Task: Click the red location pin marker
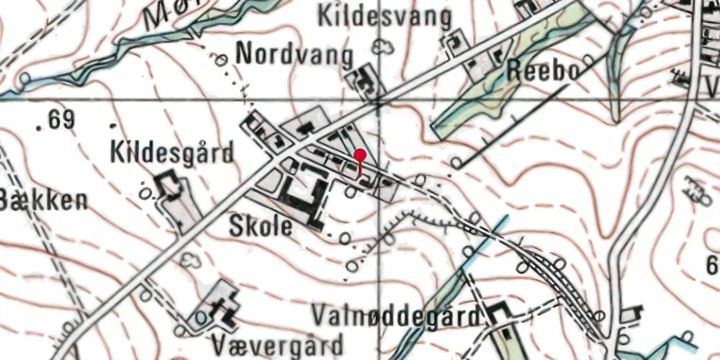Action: (x=361, y=156)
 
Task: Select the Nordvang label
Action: (x=295, y=55)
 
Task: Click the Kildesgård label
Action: (x=173, y=153)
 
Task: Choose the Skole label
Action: (x=261, y=227)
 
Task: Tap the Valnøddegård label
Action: (x=397, y=316)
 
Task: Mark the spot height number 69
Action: (x=62, y=120)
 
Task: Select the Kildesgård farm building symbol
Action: (x=170, y=185)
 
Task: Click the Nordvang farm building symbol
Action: (x=364, y=78)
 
